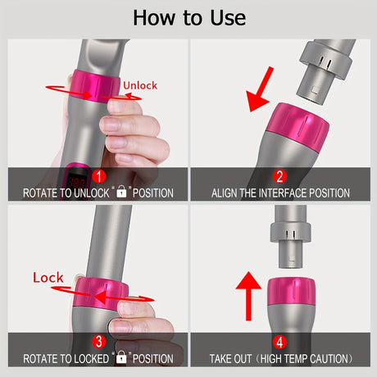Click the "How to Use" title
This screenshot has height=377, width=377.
pos(189,18)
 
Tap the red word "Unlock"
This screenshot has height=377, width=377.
pos(140,85)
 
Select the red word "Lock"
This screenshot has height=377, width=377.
pos(48,278)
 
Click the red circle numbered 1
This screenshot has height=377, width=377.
pos(99,176)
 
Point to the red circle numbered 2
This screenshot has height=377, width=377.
pos(279,176)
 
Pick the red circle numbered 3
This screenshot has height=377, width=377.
pos(99,342)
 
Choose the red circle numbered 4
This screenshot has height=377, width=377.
pos(279,342)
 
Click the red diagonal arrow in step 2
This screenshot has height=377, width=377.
pos(260,89)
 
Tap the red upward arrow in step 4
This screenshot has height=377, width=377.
pos(248,296)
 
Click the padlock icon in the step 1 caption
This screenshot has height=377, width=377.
pos(121,192)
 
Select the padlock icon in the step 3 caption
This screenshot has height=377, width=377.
pos(121,357)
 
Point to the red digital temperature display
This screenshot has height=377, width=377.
pos(77,183)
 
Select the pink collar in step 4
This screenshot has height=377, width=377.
pos(291,291)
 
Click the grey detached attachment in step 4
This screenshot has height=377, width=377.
pos(291,237)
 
